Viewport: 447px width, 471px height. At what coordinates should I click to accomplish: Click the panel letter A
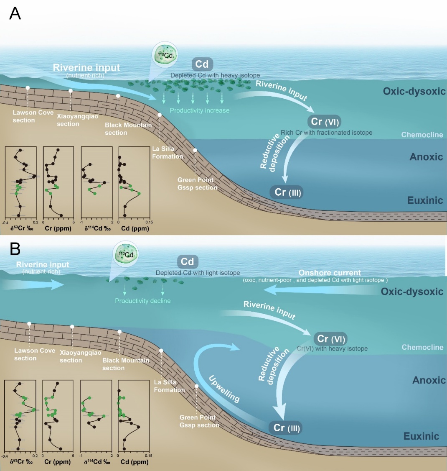click(15, 13)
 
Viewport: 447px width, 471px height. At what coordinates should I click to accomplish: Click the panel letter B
click(15, 249)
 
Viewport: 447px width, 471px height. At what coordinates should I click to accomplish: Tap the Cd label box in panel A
click(202, 64)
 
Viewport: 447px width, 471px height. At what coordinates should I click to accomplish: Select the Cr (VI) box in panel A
click(324, 122)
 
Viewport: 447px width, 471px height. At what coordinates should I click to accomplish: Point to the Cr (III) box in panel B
click(287, 428)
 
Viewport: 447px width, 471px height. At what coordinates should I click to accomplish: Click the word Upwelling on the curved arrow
click(224, 389)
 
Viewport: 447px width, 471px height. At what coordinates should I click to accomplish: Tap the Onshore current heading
click(330, 273)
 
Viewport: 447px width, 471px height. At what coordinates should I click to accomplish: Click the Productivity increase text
click(200, 110)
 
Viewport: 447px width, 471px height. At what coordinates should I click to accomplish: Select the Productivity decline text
click(143, 301)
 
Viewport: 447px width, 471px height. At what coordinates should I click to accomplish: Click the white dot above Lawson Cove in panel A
click(28, 88)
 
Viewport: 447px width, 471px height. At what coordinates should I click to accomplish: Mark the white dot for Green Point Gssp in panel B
click(196, 386)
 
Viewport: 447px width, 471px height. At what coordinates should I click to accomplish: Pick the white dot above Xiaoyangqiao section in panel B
click(72, 327)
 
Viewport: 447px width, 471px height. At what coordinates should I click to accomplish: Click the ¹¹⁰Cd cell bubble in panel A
click(165, 55)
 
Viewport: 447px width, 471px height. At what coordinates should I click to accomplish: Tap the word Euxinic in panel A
click(425, 200)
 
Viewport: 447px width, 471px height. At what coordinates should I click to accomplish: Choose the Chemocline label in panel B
click(422, 347)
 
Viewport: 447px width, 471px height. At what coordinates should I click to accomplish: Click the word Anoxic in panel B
click(429, 380)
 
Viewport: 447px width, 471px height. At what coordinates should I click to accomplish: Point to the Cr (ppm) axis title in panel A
click(58, 228)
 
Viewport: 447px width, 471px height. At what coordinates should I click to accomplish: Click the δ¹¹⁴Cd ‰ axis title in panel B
click(97, 462)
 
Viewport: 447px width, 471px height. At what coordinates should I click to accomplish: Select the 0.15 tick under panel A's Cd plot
click(149, 222)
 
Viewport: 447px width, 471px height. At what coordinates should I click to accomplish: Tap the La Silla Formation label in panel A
click(168, 153)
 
